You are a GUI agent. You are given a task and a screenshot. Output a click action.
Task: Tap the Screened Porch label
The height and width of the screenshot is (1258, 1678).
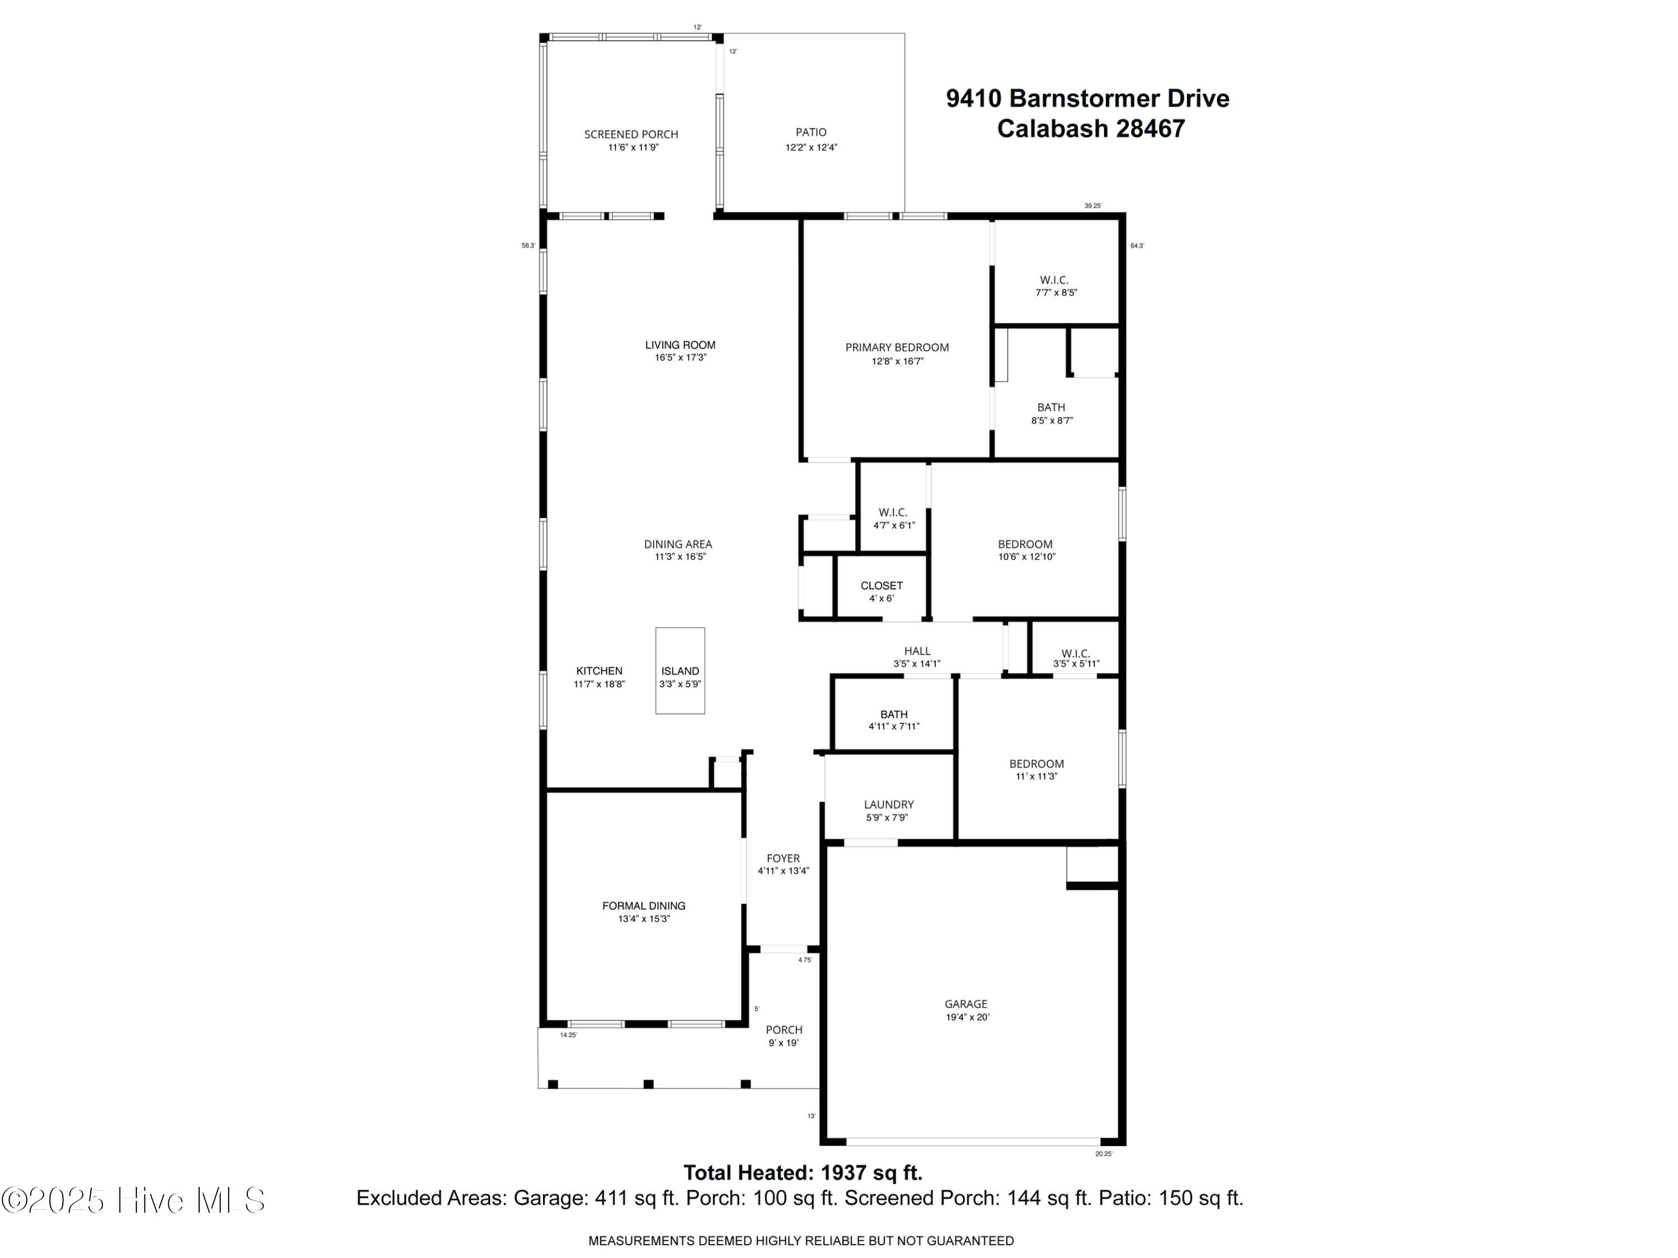[x=630, y=134]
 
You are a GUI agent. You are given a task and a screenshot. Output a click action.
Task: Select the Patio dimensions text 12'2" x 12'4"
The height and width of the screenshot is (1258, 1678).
[x=811, y=148]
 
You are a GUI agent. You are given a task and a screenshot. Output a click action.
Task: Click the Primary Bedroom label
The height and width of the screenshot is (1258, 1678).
[x=897, y=347]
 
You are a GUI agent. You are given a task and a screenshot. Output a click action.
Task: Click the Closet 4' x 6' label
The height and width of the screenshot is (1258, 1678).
[x=882, y=586]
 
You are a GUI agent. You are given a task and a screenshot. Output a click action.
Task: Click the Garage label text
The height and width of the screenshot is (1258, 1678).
[x=965, y=1004]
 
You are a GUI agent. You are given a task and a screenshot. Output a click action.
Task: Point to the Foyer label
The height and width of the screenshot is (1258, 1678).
[x=783, y=858]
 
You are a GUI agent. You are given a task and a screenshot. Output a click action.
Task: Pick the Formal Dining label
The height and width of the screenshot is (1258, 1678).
[x=643, y=905]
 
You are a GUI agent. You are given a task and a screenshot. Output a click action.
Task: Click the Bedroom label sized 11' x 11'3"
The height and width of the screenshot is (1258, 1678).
[x=1036, y=764]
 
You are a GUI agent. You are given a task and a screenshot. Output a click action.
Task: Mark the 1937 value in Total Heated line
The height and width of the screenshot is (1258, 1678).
[x=843, y=1173]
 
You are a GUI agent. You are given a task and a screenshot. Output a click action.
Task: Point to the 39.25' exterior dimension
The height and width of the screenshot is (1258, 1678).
[x=1092, y=206]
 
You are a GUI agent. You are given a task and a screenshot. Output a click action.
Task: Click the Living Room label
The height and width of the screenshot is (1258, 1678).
[x=680, y=345]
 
